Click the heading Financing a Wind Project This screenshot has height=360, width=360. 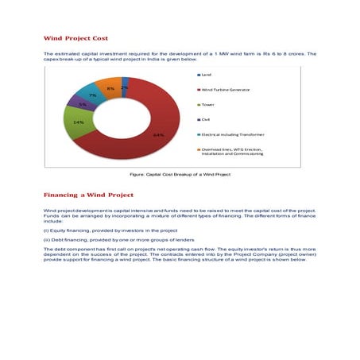[x=88, y=195]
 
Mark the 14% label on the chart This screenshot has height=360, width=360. [x=79, y=122]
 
